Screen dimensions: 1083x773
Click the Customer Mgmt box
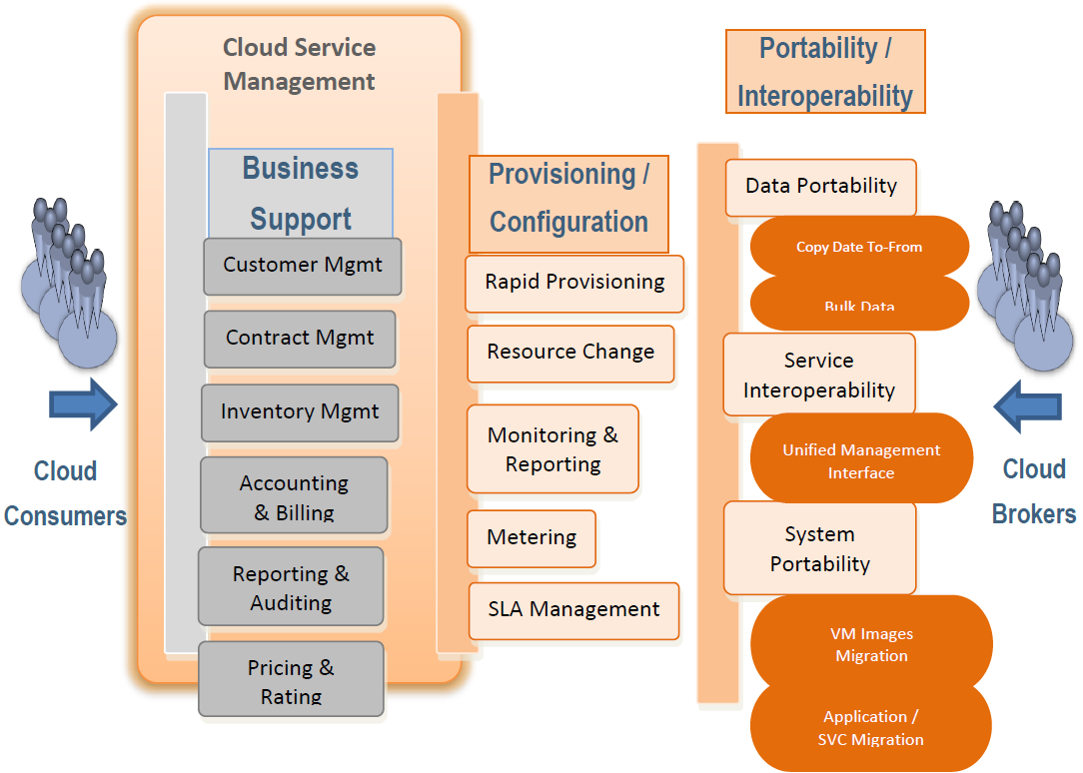303,267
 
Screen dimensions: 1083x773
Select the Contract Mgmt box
300,339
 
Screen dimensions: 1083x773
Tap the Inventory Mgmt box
300,412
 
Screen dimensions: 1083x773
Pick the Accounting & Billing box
295,494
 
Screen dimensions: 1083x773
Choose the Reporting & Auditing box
291,586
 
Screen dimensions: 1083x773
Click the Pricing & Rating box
291,678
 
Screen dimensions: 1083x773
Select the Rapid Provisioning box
574,284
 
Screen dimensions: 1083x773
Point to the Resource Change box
570,354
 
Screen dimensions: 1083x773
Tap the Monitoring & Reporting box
552,448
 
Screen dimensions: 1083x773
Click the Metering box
532,538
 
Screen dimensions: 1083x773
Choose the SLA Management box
573,611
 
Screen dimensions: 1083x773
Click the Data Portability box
821,188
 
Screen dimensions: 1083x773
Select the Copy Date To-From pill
860,247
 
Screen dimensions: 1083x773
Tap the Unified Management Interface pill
861,458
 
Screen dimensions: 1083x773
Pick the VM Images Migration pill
871,644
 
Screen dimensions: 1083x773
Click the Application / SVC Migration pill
871,727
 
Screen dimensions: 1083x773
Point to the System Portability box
820,548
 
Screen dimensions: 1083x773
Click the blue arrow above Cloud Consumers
83,404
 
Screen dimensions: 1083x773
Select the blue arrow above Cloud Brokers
1028,406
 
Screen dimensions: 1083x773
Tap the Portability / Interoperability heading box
825,71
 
